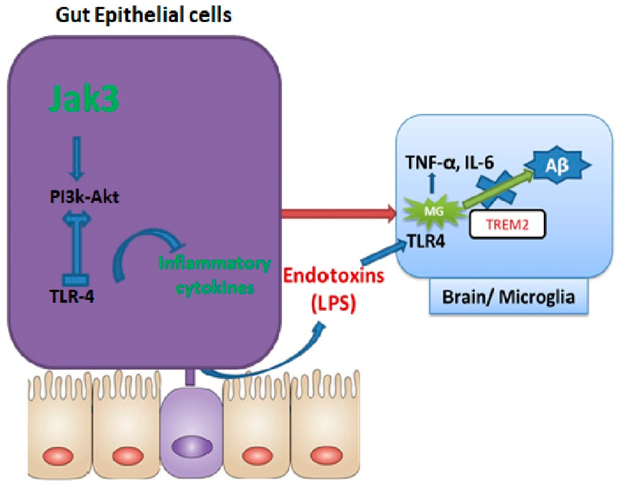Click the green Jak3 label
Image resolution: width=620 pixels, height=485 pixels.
point(84,99)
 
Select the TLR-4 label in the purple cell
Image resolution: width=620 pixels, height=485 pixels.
point(72,297)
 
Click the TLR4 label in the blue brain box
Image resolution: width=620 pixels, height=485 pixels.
point(426,242)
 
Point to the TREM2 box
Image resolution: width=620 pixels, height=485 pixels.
point(507,224)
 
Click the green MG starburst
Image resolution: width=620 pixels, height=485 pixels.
point(434,211)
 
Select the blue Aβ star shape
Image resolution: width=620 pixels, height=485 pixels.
point(557,165)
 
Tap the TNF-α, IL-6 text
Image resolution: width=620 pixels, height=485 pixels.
point(450,163)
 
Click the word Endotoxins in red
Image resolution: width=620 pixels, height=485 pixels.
point(334,276)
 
